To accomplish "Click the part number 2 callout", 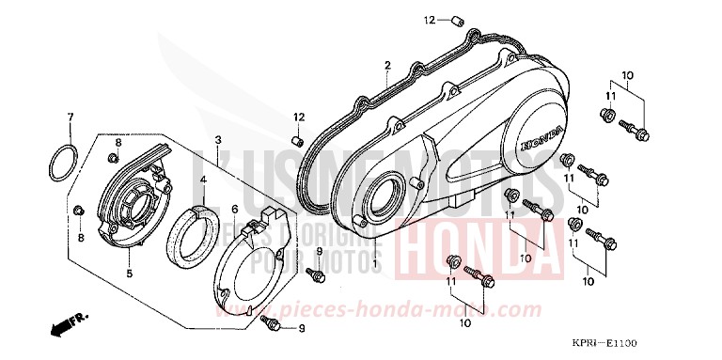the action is point(386,65).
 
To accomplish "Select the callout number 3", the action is point(217,140).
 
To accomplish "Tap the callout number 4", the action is point(202,178).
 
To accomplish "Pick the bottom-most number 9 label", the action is point(302,327).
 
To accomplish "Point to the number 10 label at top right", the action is point(628,75).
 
